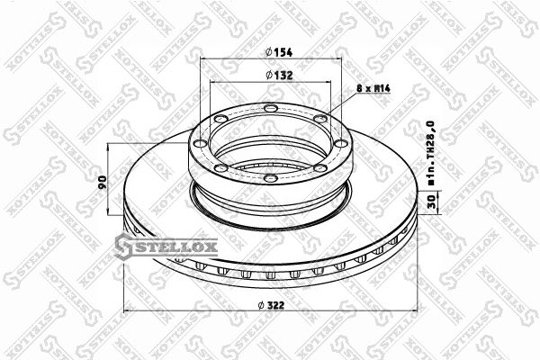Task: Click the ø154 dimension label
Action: (279, 52)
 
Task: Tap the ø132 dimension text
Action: (279, 75)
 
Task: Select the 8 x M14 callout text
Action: (373, 88)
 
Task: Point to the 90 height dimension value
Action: (103, 182)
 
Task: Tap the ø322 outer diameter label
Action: (271, 305)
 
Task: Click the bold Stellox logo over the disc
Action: (166, 247)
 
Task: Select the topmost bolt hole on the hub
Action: (271, 109)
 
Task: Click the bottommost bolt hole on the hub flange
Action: (271, 178)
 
